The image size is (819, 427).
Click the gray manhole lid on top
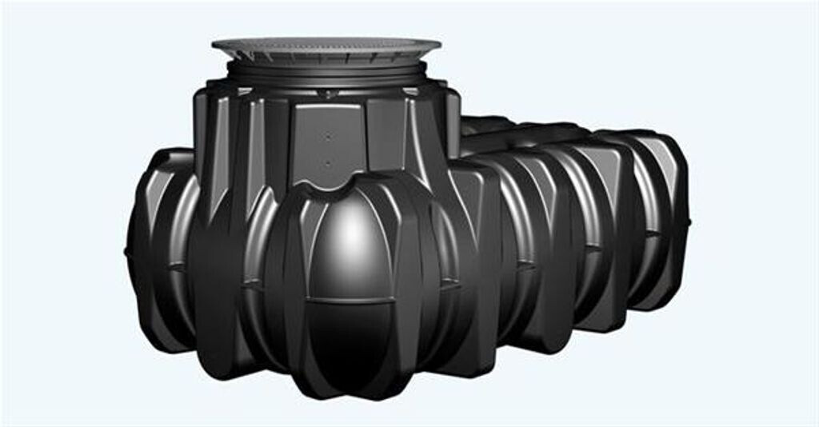point(326,44)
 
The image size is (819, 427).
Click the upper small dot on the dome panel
point(328,137)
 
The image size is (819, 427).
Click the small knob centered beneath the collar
point(326,94)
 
